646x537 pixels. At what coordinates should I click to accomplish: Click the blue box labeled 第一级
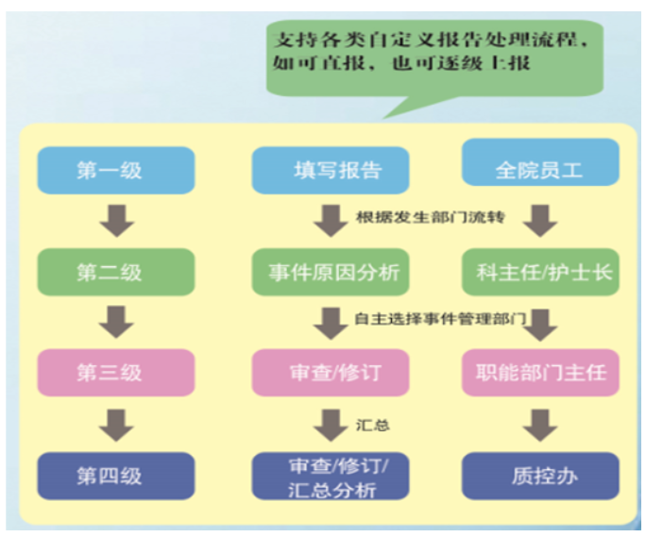[x=116, y=170]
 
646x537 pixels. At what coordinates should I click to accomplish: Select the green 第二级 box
[x=116, y=272]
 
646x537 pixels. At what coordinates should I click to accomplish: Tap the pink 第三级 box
[x=116, y=373]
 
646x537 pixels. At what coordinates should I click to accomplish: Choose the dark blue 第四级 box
[x=116, y=476]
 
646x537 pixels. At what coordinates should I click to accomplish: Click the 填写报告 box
[x=331, y=170]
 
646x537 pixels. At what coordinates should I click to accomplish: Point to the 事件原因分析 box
[x=331, y=272]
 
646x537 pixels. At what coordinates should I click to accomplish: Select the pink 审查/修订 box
[x=331, y=373]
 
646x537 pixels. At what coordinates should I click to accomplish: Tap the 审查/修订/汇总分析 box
[x=331, y=476]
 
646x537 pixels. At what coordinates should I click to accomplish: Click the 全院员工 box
[x=540, y=161]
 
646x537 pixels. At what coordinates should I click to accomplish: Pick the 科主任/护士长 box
[x=540, y=272]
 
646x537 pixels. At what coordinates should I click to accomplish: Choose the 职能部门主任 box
[x=540, y=373]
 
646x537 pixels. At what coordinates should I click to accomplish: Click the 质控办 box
[x=540, y=476]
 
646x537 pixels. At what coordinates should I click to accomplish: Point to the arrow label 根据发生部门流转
[x=430, y=217]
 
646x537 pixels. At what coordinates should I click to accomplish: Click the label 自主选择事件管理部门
[x=440, y=318]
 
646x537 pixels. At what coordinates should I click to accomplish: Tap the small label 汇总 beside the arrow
[x=372, y=425]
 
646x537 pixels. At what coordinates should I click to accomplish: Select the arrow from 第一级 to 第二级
[x=117, y=221]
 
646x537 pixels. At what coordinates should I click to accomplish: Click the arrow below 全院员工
[x=540, y=221]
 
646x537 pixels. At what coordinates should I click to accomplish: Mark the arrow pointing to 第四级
[x=116, y=426]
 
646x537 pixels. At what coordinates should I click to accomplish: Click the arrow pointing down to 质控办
[x=540, y=426]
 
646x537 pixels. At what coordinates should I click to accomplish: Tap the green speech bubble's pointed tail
[x=384, y=118]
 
